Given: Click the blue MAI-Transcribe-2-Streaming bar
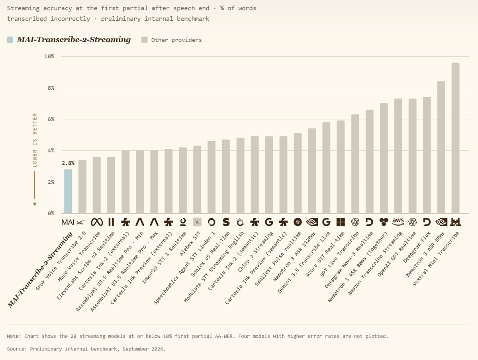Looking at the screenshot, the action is coord(68,191).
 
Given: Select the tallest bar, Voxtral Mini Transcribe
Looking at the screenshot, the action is coord(455,138).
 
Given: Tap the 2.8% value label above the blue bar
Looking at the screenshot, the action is coord(68,163).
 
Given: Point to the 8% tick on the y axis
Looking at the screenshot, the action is coord(51,88).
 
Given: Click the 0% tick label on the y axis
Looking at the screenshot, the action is coord(51,213).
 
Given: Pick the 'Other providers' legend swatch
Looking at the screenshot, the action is coord(144,39).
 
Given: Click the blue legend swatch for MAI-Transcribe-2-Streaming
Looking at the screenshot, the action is coord(10,39).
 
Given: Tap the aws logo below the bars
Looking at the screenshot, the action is coord(398,222).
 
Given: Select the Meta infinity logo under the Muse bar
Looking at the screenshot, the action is coord(97,222).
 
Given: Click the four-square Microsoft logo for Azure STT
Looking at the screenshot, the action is coord(341,222).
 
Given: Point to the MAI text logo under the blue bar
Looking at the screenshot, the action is coord(68,222).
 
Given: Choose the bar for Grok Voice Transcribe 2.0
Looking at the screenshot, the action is coord(82,187).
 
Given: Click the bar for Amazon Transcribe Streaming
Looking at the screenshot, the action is coord(398,156).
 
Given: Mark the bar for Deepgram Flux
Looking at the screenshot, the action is coord(427,155).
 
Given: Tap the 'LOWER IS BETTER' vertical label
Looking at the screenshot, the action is coord(35,140).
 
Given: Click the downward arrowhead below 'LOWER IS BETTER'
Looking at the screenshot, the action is coord(35,204).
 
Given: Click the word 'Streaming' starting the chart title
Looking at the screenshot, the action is coord(23,8).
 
